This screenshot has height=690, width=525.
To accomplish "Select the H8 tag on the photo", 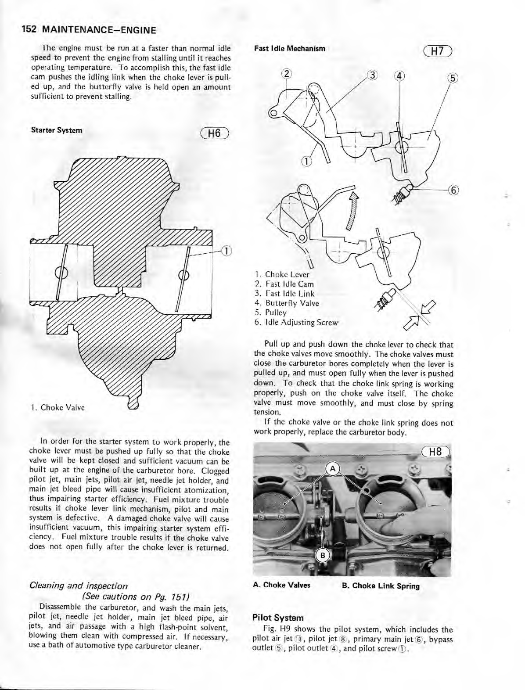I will tap(435, 452).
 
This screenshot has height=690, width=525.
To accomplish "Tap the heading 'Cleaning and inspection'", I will tap(79, 586).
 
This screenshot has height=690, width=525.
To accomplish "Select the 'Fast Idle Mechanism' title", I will tap(289, 48).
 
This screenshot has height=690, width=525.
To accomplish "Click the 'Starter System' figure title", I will tap(56, 130).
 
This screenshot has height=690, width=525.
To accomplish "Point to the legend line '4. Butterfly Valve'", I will tap(287, 303).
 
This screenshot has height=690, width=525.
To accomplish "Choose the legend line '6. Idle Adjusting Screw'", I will tap(297, 322).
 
